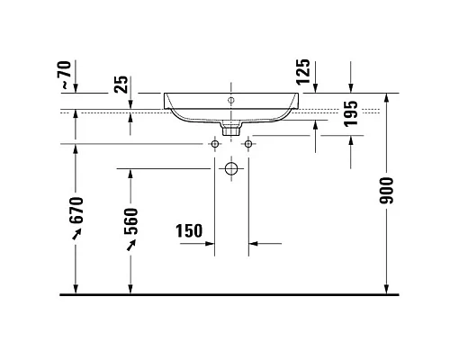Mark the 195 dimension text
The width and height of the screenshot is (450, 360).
coord(352,114)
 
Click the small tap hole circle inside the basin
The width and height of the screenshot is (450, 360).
coord(230,100)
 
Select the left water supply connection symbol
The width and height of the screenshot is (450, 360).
coord(215,143)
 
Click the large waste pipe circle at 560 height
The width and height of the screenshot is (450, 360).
coord(231,168)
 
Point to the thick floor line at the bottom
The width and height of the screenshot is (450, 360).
coord(225,293)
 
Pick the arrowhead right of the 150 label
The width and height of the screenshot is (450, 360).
coord(253,243)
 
